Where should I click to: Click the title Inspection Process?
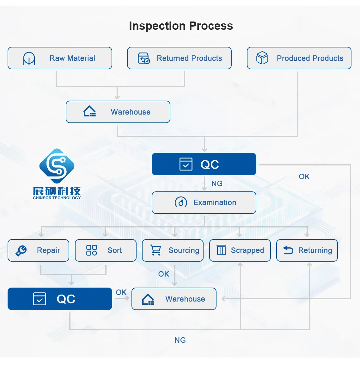(x=181, y=26)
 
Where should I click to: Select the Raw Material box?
(x=60, y=58)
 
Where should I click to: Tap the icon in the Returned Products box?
(x=144, y=59)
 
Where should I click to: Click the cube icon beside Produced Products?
(x=262, y=58)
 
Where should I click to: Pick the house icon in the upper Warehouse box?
(x=89, y=112)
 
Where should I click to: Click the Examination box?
(x=204, y=203)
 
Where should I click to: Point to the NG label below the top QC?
(x=217, y=183)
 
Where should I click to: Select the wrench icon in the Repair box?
(x=21, y=251)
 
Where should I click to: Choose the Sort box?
(x=106, y=251)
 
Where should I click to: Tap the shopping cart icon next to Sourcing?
(x=156, y=250)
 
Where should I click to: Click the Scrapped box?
(x=240, y=251)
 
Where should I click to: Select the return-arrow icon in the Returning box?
(x=288, y=250)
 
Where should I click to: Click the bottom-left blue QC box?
(x=60, y=299)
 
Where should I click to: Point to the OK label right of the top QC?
(x=304, y=177)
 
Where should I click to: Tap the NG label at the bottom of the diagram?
(x=180, y=340)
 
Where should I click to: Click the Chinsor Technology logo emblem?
(x=57, y=166)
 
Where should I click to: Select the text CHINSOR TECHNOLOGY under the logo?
(x=57, y=198)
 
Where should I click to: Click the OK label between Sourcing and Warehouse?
(x=164, y=274)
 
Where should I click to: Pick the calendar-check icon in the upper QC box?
(x=186, y=164)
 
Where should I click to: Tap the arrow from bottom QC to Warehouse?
(x=123, y=299)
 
